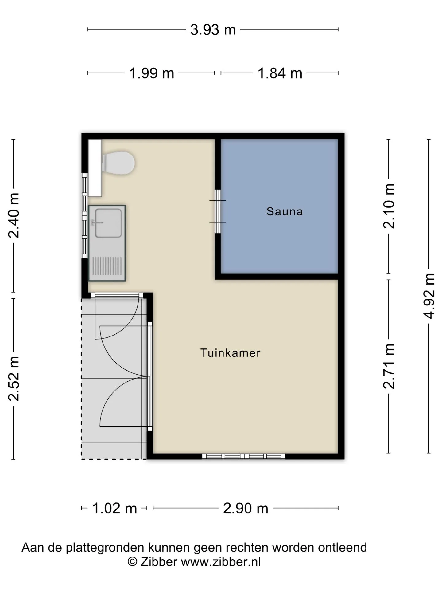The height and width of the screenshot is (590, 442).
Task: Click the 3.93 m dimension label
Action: (x=213, y=30)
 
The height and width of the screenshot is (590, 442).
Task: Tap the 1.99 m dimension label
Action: (x=152, y=73)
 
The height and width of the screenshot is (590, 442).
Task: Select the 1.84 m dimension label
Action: (x=280, y=73)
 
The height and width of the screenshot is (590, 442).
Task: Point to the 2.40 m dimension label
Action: (x=14, y=216)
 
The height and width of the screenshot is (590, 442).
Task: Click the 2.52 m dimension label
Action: (x=14, y=379)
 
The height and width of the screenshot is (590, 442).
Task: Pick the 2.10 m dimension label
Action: (x=389, y=206)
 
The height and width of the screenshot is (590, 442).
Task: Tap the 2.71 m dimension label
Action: (x=389, y=366)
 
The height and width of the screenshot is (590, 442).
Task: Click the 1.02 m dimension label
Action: (x=114, y=509)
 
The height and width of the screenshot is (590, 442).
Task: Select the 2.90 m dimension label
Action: (x=246, y=509)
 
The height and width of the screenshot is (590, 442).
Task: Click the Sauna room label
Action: (x=285, y=211)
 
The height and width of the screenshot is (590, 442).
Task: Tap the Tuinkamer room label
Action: (x=231, y=353)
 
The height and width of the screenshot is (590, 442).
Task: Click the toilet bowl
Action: (x=118, y=163)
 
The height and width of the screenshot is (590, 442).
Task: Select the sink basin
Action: (x=108, y=223)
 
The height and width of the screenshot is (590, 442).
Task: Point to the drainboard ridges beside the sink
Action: (x=107, y=266)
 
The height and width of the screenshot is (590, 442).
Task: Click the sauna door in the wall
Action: (x=218, y=211)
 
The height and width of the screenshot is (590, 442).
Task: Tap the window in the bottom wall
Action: (x=244, y=456)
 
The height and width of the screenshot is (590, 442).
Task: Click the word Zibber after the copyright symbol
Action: (x=159, y=562)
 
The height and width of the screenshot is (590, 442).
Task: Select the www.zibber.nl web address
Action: (x=221, y=562)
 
